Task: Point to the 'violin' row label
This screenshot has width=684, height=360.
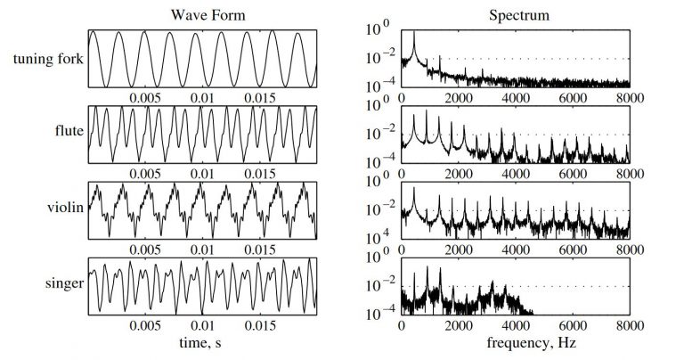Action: pyautogui.click(x=66, y=209)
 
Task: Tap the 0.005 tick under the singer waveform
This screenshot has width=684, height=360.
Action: pyautogui.click(x=146, y=327)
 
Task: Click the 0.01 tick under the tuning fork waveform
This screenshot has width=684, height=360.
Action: pyautogui.click(x=204, y=97)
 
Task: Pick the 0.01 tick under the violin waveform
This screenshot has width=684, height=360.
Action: pyautogui.click(x=204, y=250)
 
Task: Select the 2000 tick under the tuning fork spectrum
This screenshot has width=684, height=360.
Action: pyautogui.click(x=459, y=97)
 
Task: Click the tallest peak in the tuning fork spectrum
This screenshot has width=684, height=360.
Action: pyautogui.click(x=414, y=32)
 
